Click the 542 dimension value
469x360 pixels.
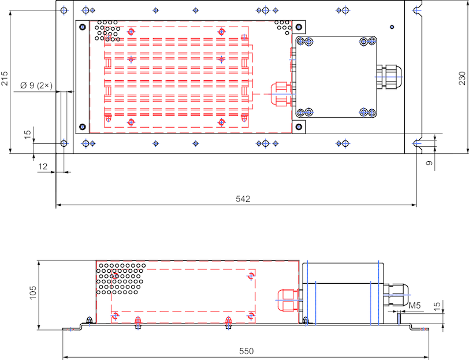(x=243, y=199)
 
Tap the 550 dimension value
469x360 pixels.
(x=246, y=351)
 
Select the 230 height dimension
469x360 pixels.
(x=462, y=78)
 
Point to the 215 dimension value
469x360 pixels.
(x=5, y=78)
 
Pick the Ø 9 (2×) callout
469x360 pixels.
(x=36, y=86)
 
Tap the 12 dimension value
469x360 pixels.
(x=43, y=166)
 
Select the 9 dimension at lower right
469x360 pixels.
(x=429, y=164)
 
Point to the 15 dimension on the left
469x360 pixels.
(x=27, y=134)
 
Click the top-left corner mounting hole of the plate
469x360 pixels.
(x=64, y=10)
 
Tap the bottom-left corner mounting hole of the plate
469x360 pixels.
(x=64, y=143)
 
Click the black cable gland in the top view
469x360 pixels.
(x=389, y=76)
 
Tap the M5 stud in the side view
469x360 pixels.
(x=399, y=317)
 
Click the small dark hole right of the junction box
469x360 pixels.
(x=392, y=27)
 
